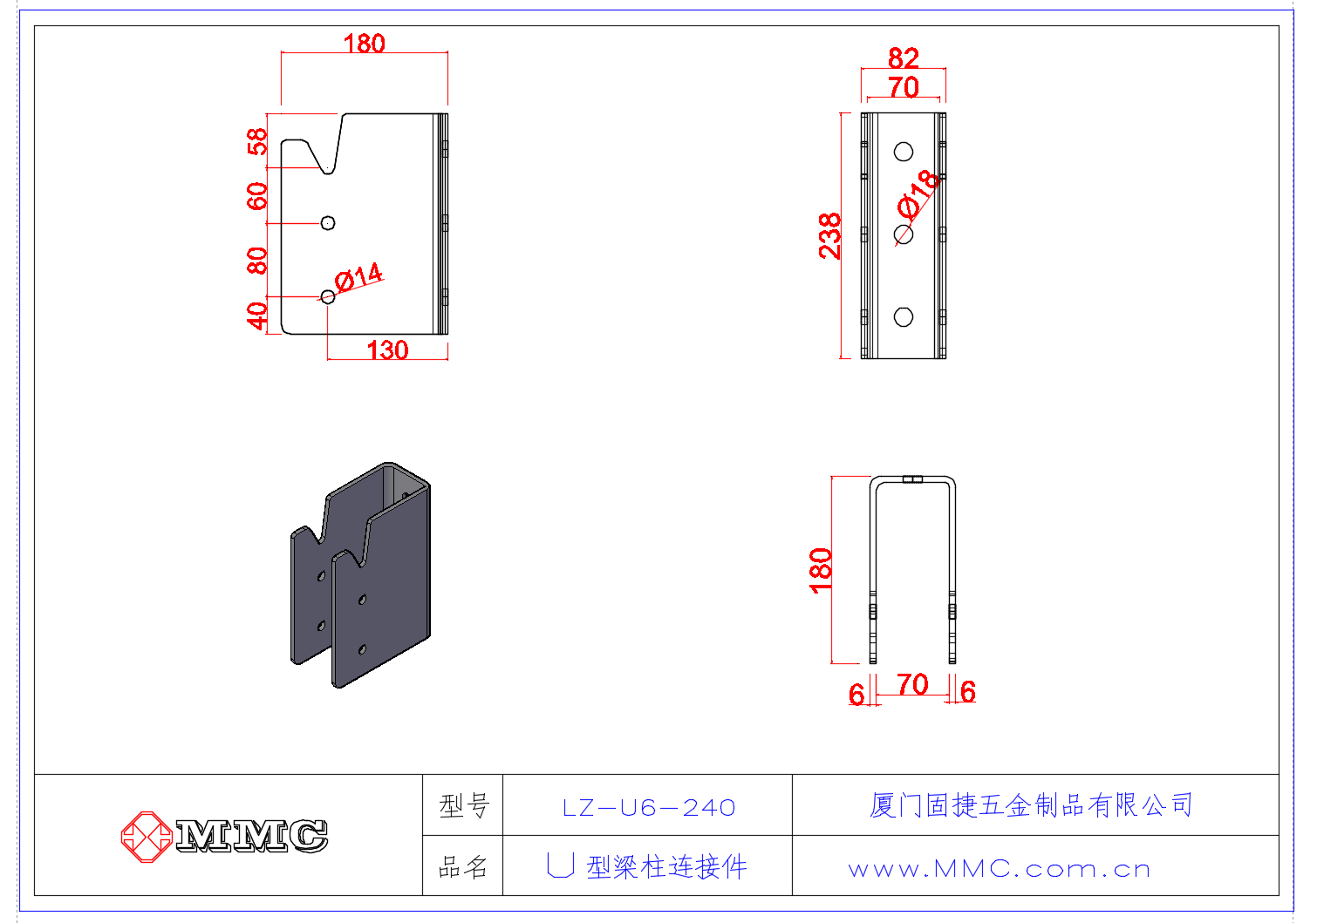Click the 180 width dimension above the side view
(364, 43)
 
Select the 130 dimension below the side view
(387, 350)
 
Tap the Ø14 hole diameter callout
(358, 278)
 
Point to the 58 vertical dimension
(256, 141)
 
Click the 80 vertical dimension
(256, 261)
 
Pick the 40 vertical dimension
(256, 316)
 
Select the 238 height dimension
(829, 235)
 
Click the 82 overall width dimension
(903, 58)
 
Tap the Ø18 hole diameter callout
(919, 194)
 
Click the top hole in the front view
(904, 152)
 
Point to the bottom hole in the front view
(904, 317)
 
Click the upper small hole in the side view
(328, 223)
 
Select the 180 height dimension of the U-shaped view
(821, 570)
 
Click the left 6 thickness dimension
(856, 694)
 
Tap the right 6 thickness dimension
(967, 692)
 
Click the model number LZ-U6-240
(648, 808)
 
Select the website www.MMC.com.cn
(999, 869)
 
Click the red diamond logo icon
(146, 837)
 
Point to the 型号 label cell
(463, 806)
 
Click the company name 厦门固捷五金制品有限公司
(1031, 804)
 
